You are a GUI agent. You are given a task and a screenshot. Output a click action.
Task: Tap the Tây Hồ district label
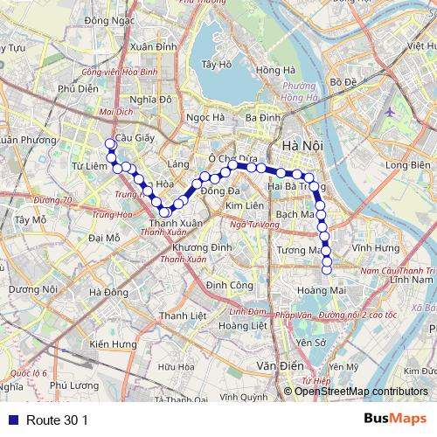coord(215,65)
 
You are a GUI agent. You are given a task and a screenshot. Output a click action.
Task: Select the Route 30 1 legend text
coord(58,420)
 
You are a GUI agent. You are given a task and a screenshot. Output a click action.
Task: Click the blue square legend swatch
coord(10,420)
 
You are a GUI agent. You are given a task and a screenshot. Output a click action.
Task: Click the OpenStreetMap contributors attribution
coord(361,391)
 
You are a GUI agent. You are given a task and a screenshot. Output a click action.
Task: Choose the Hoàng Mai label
coord(318,292)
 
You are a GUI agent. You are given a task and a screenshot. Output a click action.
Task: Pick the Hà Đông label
coord(109,292)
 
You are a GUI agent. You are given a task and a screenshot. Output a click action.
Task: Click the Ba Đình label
coord(262,118)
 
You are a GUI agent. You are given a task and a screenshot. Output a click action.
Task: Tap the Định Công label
coord(229,285)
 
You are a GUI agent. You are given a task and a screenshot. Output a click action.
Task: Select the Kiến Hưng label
coord(113,344)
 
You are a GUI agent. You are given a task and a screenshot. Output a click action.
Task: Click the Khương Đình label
coord(209,248)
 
